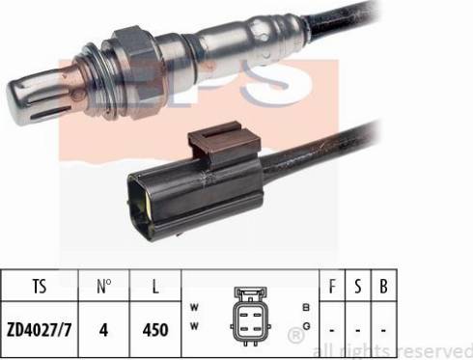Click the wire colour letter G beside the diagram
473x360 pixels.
[x=306, y=326]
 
